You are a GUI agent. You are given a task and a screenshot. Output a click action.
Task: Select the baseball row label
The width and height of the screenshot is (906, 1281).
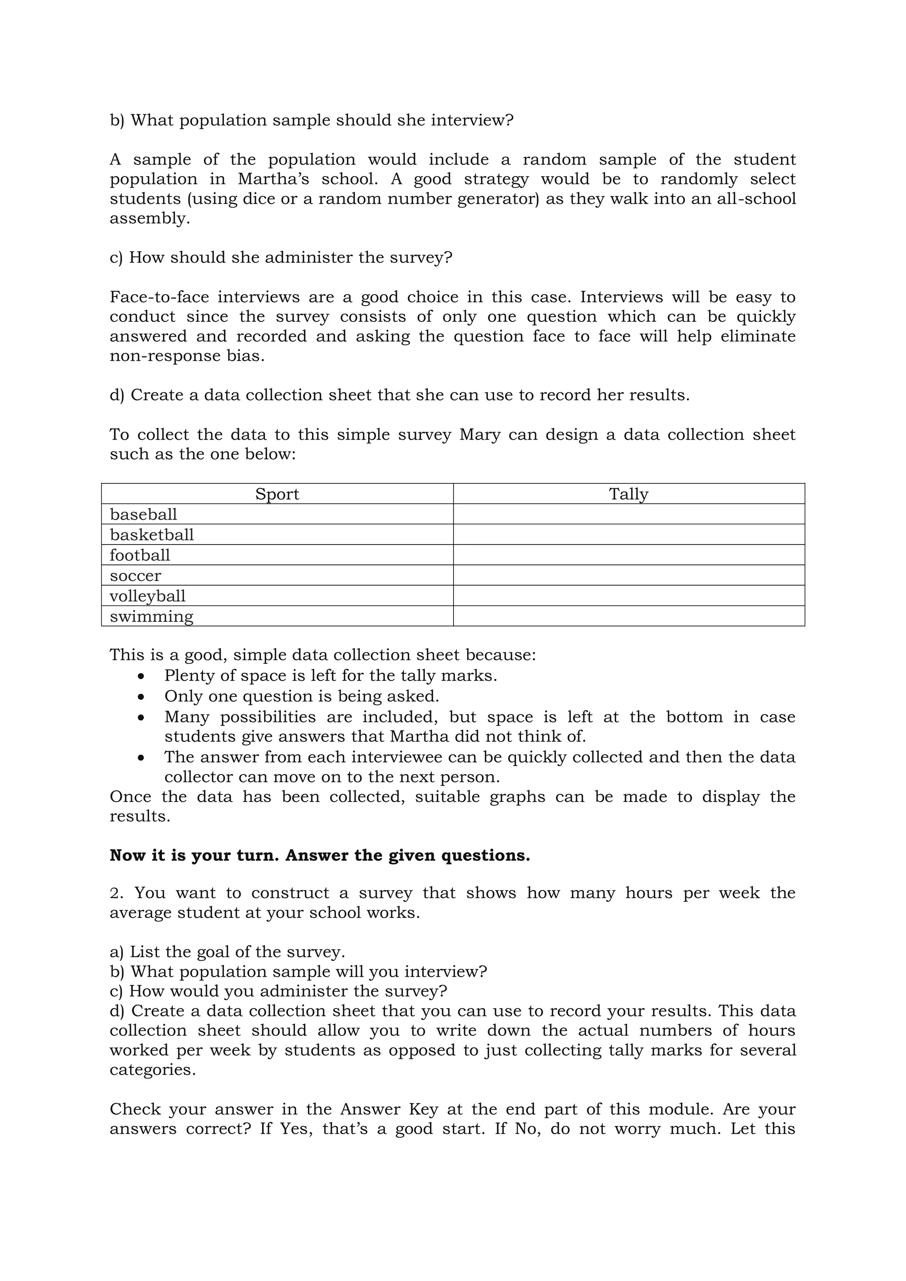[x=143, y=514]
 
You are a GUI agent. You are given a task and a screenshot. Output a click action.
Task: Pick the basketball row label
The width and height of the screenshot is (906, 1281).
[x=151, y=534]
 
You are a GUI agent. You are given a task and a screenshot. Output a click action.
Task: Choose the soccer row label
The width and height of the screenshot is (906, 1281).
[x=135, y=575]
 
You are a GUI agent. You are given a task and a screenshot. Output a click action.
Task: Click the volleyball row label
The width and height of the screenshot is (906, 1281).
[x=147, y=596]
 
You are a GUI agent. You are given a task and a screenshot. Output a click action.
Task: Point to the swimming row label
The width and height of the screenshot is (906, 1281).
[x=151, y=617]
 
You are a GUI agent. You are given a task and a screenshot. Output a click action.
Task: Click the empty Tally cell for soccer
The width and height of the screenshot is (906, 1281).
[x=628, y=575]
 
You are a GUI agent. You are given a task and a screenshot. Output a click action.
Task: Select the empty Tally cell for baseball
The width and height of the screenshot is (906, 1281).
[x=628, y=514]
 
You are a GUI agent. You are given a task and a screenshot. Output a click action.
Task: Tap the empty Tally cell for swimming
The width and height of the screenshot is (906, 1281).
[x=628, y=617]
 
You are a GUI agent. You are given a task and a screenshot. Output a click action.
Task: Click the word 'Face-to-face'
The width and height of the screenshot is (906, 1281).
[x=158, y=297]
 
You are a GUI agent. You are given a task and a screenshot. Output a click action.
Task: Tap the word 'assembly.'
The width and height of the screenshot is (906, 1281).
[x=150, y=219]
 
